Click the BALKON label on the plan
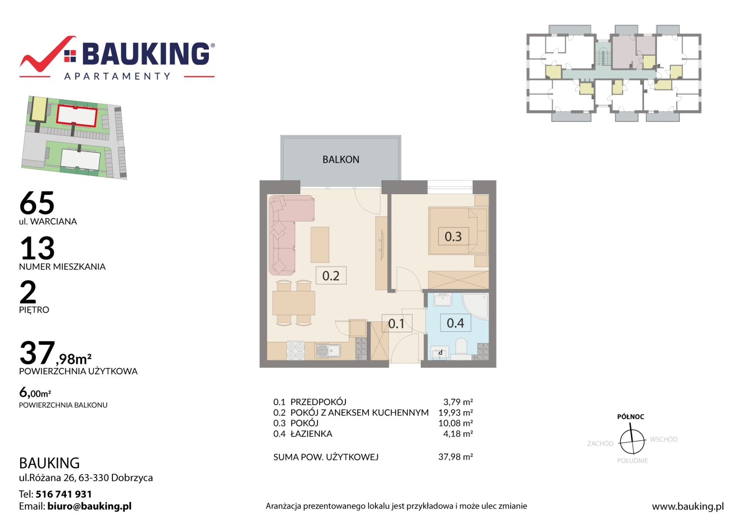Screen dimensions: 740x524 (x=341, y=159)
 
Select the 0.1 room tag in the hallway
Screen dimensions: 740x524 (x=397, y=323)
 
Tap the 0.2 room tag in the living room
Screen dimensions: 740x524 (x=331, y=275)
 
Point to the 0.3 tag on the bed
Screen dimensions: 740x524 (x=453, y=236)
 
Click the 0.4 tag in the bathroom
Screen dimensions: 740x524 (x=456, y=323)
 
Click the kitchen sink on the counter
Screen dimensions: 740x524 (x=329, y=351)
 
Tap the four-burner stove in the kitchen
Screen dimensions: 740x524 (x=296, y=351)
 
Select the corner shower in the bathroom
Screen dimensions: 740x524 (x=476, y=306)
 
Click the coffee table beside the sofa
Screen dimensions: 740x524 (x=320, y=245)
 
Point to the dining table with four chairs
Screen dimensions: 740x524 (x=293, y=303)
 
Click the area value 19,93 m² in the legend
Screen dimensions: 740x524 (x=456, y=413)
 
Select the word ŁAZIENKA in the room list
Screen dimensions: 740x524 (x=311, y=434)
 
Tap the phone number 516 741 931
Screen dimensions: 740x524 (x=63, y=494)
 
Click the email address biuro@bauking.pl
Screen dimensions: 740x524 (x=89, y=506)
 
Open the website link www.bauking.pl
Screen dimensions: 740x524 (x=688, y=507)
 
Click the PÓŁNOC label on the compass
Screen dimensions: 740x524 (x=631, y=417)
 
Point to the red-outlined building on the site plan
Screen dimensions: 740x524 (x=77, y=116)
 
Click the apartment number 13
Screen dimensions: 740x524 (x=37, y=248)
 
